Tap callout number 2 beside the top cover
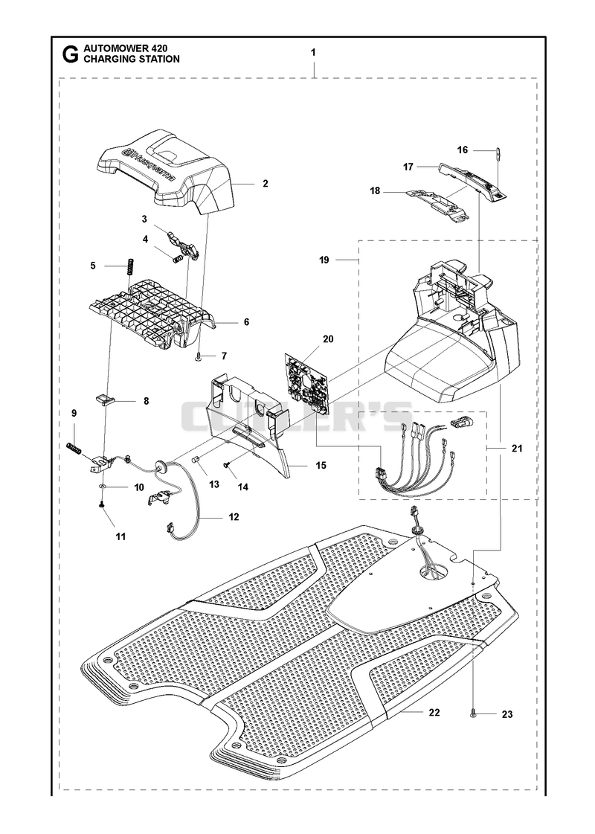tap(266, 184)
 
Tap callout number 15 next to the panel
tap(321, 466)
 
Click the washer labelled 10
tap(103, 487)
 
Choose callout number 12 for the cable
tap(234, 517)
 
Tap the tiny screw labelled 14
tap(227, 466)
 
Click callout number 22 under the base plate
tap(434, 712)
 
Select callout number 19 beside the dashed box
tap(324, 260)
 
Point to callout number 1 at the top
tap(314, 53)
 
